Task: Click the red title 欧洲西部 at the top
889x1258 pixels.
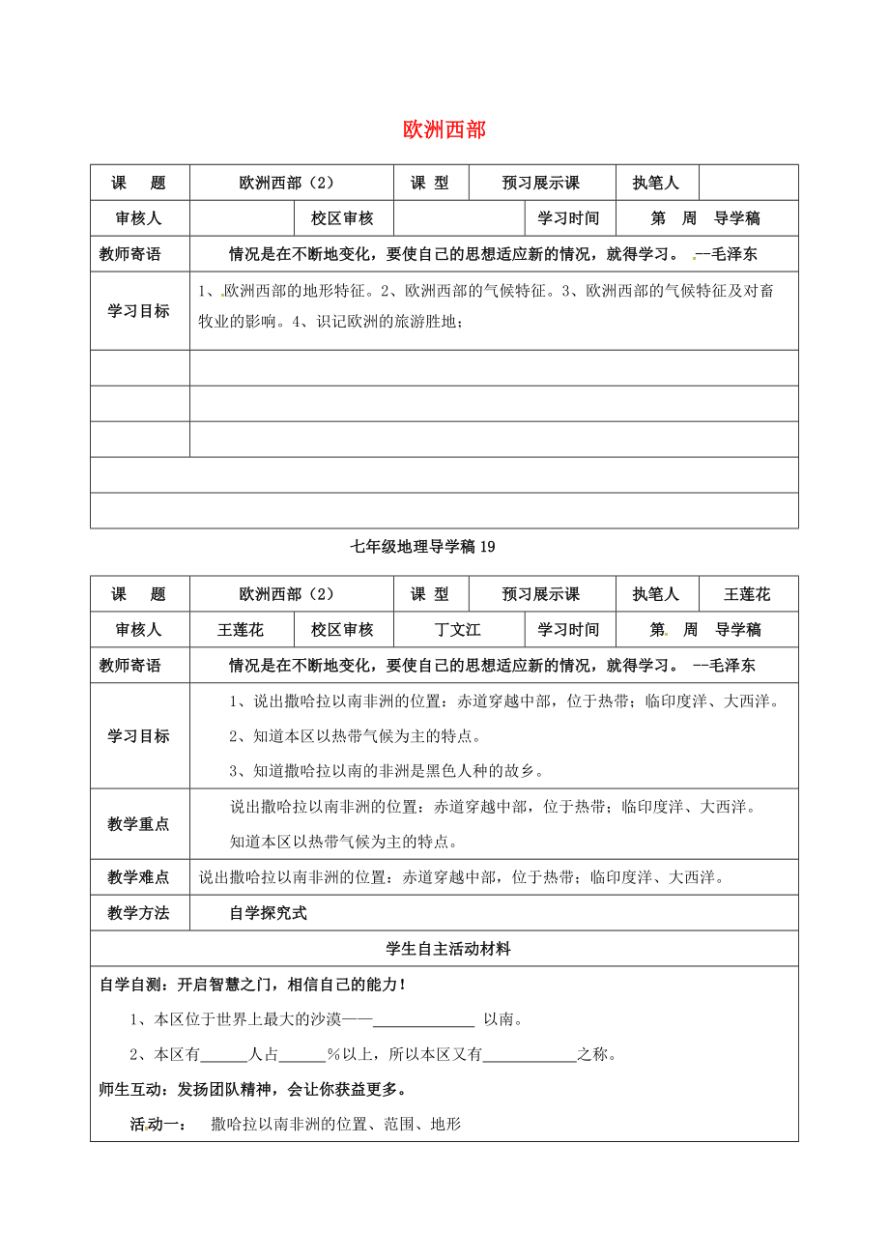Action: tap(444, 129)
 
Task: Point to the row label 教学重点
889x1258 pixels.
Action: tap(139, 824)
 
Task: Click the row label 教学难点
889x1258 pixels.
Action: tap(139, 877)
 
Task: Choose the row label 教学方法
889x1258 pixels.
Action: tap(139, 913)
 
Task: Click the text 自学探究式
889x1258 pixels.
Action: tap(268, 913)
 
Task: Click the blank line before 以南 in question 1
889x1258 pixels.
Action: tap(423, 1020)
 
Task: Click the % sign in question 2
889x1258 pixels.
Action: tap(331, 1054)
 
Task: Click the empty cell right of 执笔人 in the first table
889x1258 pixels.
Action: tap(748, 183)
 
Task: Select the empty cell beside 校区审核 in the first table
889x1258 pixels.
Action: tap(459, 218)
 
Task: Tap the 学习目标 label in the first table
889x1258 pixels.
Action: tap(139, 311)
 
